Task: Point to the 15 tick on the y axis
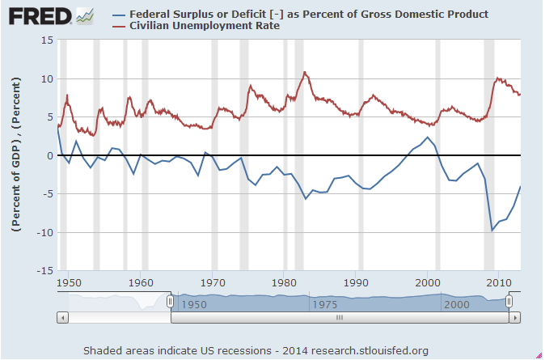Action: [46, 40]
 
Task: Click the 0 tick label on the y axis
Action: [49, 156]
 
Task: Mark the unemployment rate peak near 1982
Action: [305, 72]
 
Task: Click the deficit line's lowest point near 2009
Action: [492, 231]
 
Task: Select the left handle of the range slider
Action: [170, 301]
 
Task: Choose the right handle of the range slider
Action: [509, 301]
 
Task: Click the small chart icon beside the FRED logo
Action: [84, 16]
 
